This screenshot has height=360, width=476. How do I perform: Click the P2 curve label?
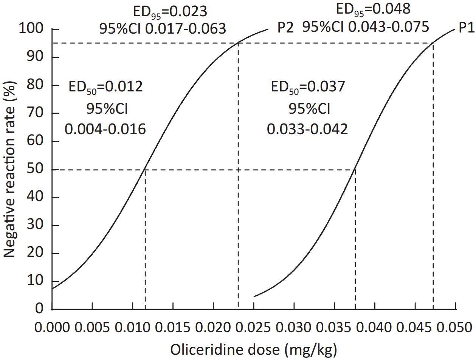[x=285, y=28]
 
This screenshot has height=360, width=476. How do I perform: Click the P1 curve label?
[x=467, y=28]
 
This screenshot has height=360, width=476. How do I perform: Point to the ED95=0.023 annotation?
[x=170, y=12]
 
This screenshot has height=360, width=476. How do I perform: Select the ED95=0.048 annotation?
[x=373, y=9]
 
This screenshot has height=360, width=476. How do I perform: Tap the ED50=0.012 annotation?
[x=105, y=87]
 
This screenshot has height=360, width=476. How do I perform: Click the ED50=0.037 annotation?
[x=308, y=87]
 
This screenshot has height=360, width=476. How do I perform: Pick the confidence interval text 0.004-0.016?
[x=105, y=129]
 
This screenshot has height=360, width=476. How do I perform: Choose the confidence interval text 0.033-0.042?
[x=307, y=129]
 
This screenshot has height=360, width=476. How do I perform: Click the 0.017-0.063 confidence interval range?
[x=186, y=29]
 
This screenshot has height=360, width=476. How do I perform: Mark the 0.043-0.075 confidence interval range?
[x=389, y=27]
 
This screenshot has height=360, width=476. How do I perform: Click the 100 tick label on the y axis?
[x=31, y=28]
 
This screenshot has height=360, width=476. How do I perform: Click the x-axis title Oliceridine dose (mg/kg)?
[x=254, y=350]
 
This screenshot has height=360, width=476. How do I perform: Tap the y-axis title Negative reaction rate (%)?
[x=9, y=169]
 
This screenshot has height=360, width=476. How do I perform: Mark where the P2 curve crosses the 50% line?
[x=145, y=170]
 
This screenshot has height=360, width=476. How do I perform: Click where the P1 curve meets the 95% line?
[x=433, y=43]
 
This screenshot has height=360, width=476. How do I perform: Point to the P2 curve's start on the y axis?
[x=52, y=289]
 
